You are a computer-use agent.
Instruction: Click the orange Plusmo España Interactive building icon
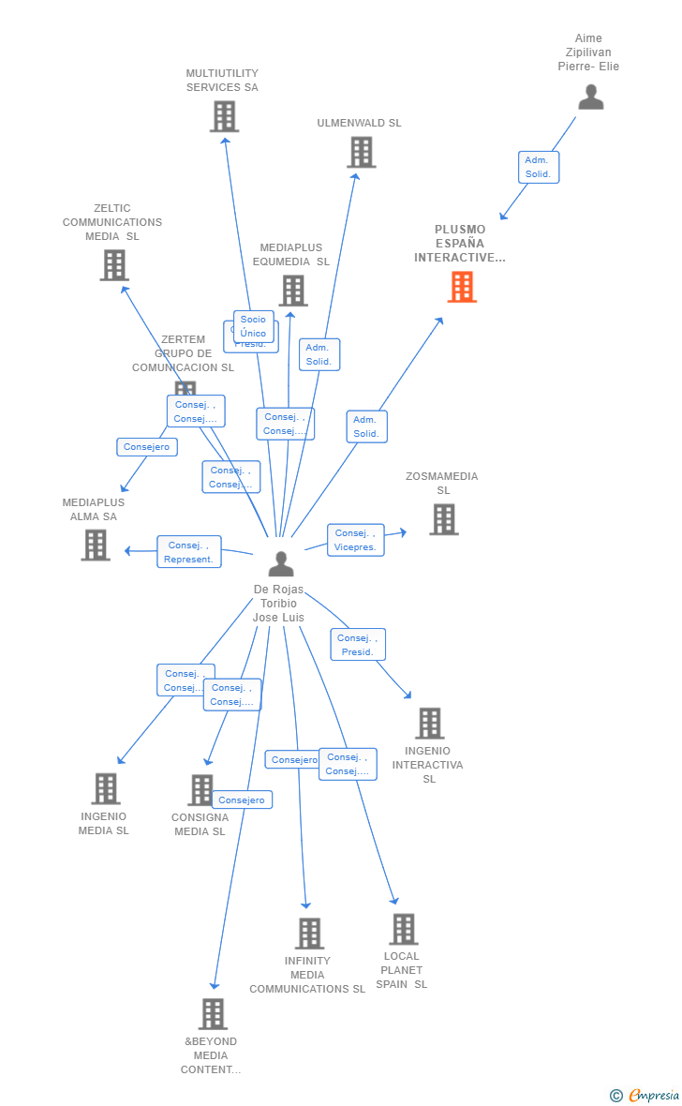click(x=462, y=287)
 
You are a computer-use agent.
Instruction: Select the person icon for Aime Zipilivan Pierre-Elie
click(x=590, y=97)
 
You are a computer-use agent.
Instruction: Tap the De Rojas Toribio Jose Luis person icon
click(x=280, y=564)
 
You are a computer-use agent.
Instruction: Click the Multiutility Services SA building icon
click(x=224, y=116)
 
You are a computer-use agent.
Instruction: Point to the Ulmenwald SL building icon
click(x=361, y=152)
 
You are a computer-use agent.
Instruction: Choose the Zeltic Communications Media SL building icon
click(x=113, y=265)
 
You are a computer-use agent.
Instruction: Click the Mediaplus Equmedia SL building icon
click(x=292, y=291)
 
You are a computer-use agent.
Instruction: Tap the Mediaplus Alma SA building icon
click(x=95, y=545)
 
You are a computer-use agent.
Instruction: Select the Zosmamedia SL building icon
click(x=443, y=519)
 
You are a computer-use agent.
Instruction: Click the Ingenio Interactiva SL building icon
click(x=429, y=724)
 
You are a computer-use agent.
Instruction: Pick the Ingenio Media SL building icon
click(x=105, y=789)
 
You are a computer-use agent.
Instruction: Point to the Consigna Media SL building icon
click(x=200, y=790)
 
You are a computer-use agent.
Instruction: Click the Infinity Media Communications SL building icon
click(x=309, y=934)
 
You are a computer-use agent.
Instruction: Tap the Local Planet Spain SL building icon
click(x=403, y=929)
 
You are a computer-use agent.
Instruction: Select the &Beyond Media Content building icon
click(x=213, y=1014)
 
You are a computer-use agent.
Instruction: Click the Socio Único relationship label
click(x=253, y=326)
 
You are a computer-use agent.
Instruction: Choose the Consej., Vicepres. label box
click(x=355, y=540)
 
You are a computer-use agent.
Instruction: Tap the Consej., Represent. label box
click(x=188, y=552)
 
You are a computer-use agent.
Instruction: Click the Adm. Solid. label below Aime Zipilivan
click(x=538, y=167)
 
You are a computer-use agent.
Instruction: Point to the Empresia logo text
click(x=653, y=1095)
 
